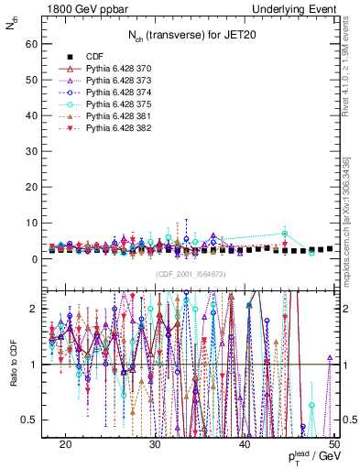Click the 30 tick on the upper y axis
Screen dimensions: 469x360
point(37,151)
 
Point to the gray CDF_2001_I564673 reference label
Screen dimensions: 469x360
point(189,275)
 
